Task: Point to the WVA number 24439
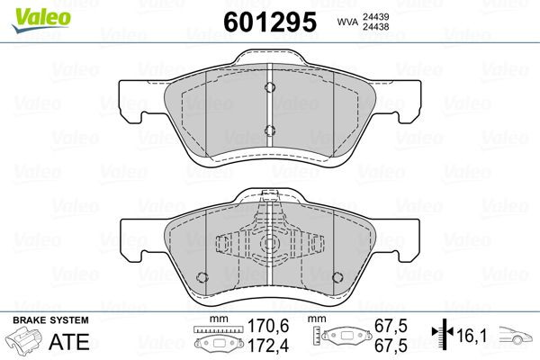(382, 14)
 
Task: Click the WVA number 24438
(382, 27)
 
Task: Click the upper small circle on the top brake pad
(269, 87)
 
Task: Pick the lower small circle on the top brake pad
(269, 129)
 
